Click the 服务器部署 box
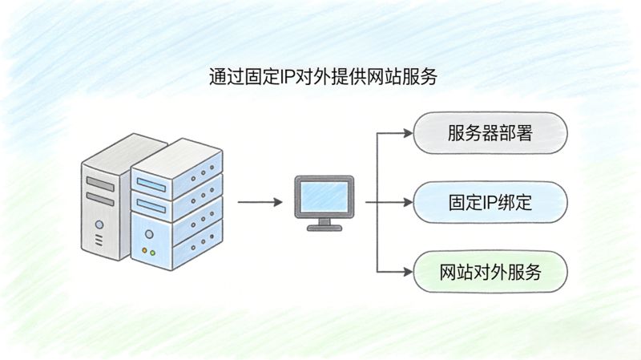490,133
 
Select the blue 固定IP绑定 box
490,203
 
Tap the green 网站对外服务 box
490,272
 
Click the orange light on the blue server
145,252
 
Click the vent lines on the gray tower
99,240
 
